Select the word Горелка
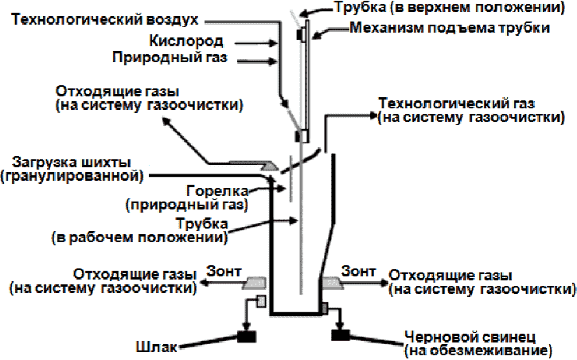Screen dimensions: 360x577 click(218, 190)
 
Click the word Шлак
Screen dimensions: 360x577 click(156, 347)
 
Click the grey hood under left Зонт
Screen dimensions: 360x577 click(259, 283)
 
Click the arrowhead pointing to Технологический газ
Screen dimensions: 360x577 click(370, 115)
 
